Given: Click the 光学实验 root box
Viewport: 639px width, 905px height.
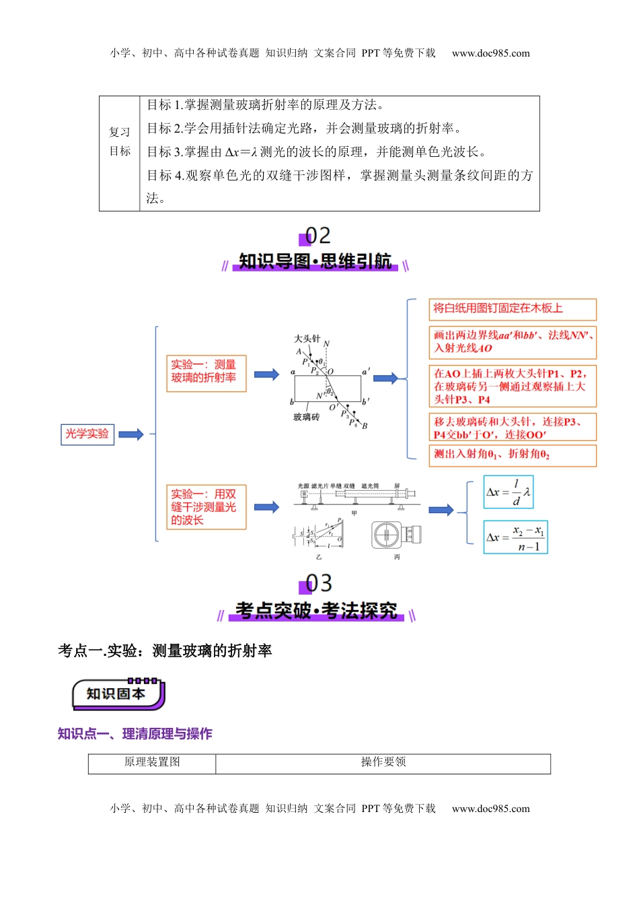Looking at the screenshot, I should (87, 434).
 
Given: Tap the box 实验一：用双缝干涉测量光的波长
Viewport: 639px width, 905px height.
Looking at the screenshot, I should (206, 507).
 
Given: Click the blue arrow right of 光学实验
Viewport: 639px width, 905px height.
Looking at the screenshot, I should (131, 434).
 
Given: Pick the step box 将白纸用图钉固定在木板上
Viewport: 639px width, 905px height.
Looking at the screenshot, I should (512, 309).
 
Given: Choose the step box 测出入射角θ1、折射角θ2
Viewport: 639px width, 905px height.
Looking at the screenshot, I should (512, 455).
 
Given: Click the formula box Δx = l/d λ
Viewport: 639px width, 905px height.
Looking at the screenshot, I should (509, 492).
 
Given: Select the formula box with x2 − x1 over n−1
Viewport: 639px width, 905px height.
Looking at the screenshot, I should (515, 537).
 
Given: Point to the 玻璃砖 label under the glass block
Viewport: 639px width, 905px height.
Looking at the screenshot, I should (306, 417).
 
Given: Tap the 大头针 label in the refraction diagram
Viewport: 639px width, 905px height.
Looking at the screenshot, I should (307, 339).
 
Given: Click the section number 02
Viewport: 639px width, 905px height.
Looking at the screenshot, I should (317, 236).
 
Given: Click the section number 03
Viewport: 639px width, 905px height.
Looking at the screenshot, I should (317, 583).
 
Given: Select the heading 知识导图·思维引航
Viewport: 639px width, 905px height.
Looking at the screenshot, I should (315, 262).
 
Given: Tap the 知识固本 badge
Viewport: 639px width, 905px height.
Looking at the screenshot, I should (117, 694).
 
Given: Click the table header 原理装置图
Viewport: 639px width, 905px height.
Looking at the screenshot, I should (152, 762).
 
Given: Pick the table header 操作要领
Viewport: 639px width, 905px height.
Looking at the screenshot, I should (383, 762).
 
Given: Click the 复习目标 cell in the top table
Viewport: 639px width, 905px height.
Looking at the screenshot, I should (120, 141).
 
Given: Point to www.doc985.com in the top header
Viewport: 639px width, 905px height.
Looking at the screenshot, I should (490, 53).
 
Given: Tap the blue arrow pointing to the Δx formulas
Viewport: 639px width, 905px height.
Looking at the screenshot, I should (441, 510).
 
